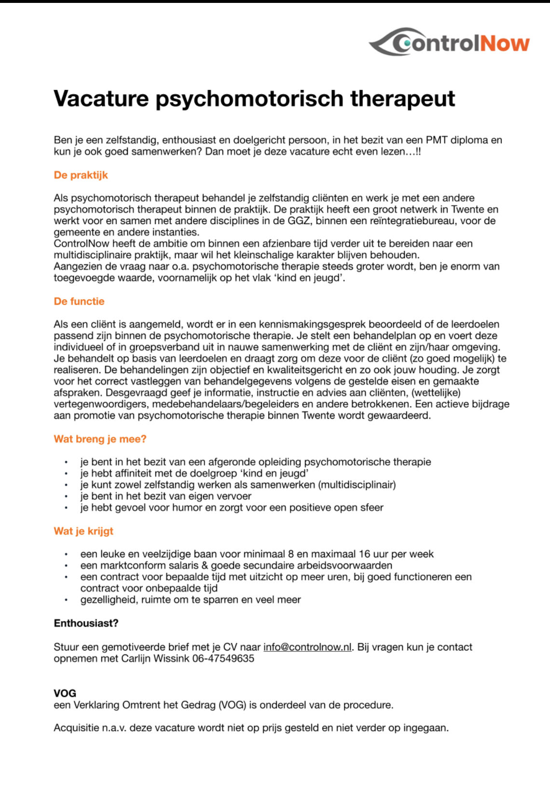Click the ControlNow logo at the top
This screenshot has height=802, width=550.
(x=449, y=42)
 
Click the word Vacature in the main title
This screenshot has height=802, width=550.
(x=101, y=98)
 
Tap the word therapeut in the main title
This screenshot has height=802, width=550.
(x=402, y=98)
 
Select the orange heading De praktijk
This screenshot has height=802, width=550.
(x=81, y=175)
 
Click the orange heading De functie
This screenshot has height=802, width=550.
(x=79, y=301)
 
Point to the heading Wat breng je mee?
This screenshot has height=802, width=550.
(x=100, y=439)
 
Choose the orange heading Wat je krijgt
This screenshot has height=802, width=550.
(x=83, y=531)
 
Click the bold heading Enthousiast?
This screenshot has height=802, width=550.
(x=86, y=623)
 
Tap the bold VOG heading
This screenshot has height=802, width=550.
(x=65, y=693)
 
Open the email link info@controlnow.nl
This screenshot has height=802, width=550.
(x=307, y=647)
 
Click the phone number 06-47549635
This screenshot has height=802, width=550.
(x=223, y=659)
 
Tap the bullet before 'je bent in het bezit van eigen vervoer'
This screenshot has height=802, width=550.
(x=66, y=496)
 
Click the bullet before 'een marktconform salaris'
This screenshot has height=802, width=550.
(x=66, y=565)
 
